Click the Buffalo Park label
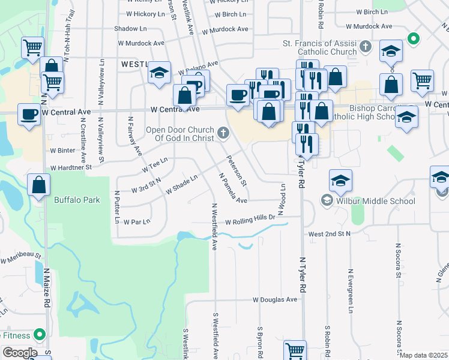tap(77, 200)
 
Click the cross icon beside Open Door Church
tap(223, 133)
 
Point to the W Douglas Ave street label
tap(275, 299)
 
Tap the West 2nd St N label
tap(329, 233)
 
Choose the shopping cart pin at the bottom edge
tap(295, 350)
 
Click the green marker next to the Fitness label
tap(40, 334)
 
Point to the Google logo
tap(20, 353)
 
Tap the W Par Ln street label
tap(136, 221)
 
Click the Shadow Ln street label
tap(130, 28)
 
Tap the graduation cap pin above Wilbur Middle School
tap(340, 180)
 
